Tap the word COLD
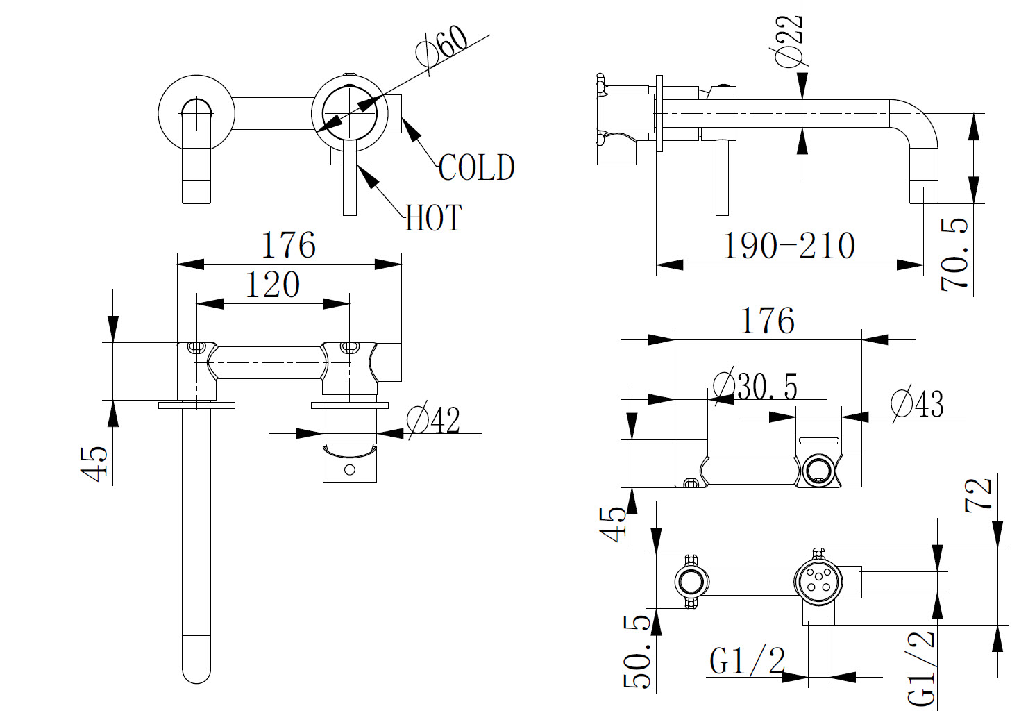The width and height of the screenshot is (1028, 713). [476, 167]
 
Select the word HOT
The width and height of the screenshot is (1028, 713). [434, 218]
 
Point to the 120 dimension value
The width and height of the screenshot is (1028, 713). [272, 285]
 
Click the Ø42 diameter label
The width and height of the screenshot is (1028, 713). [434, 420]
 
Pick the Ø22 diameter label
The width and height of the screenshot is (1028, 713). [789, 39]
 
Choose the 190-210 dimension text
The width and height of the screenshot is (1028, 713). [789, 246]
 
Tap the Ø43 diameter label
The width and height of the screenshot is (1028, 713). [917, 403]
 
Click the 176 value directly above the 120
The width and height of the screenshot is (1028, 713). [288, 246]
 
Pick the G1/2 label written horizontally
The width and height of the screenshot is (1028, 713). [747, 660]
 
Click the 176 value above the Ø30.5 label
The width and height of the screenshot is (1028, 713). [768, 321]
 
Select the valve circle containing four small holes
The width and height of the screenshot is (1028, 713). [817, 581]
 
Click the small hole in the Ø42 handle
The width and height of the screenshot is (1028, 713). [350, 470]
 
